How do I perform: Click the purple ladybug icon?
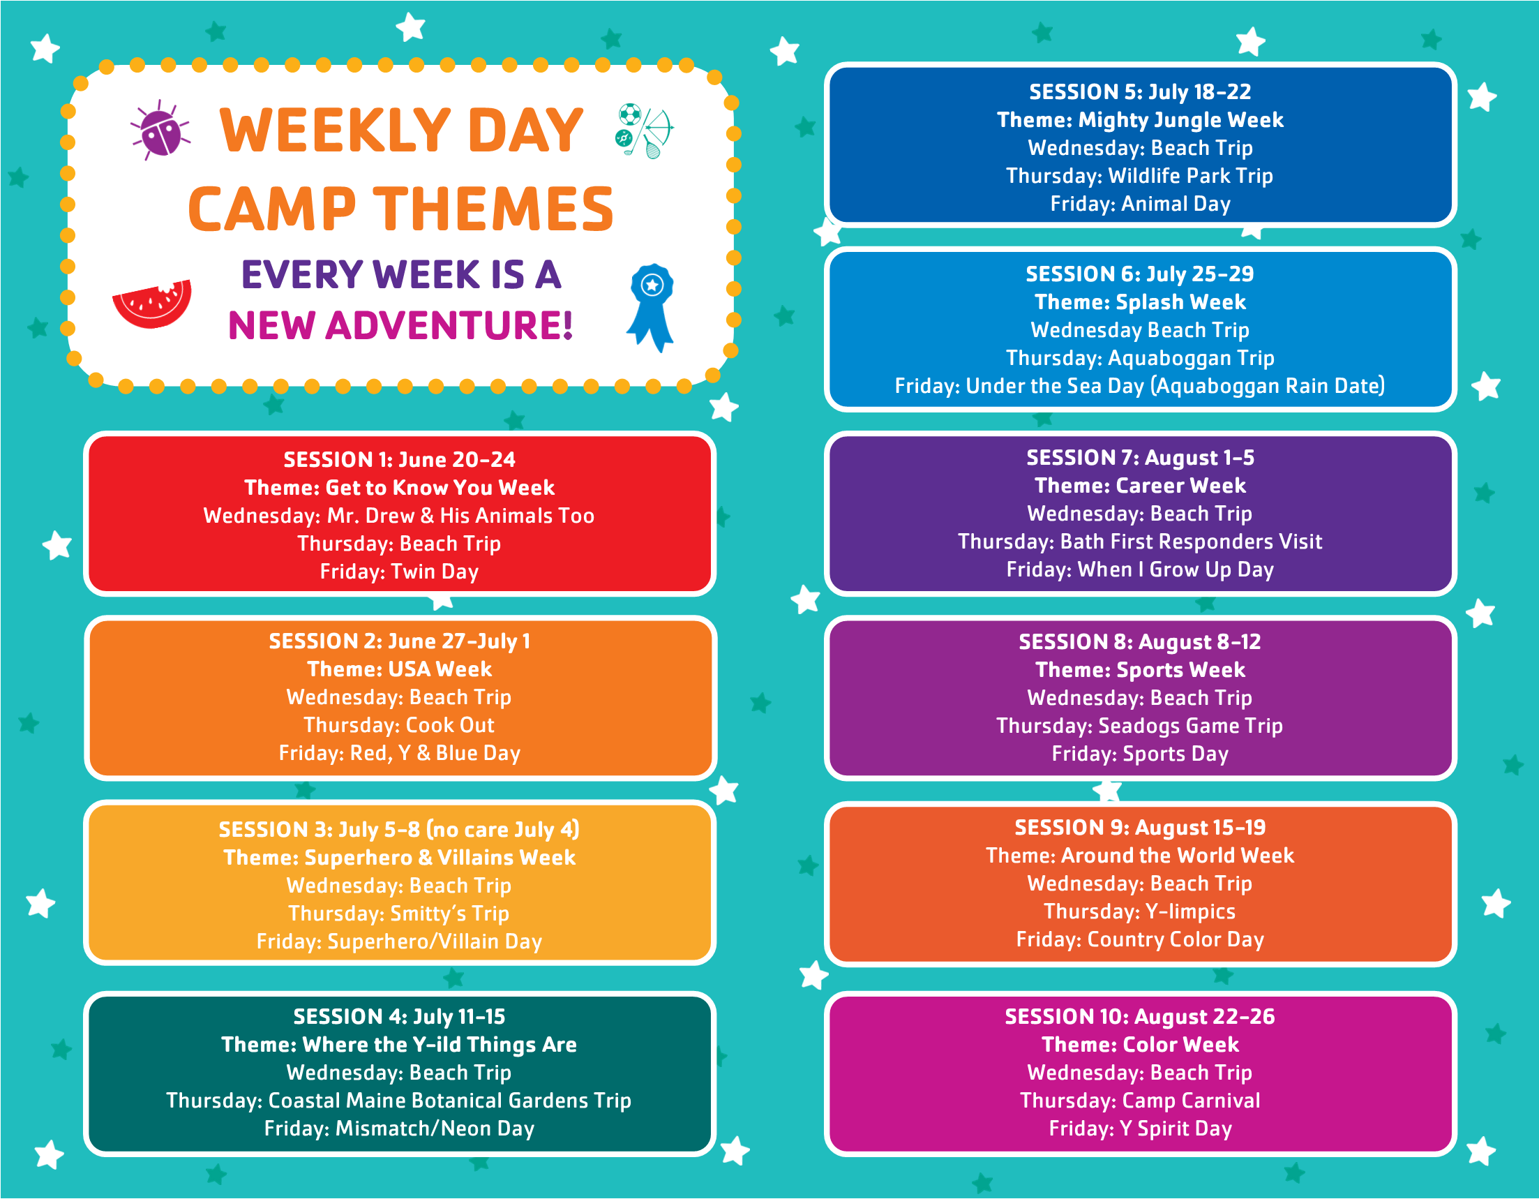coord(160,131)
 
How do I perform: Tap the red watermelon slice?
coord(152,303)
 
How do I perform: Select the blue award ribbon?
coord(651,307)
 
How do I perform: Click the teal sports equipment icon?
coord(644,131)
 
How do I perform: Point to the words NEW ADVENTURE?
coord(400,325)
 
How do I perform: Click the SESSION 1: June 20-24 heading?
coord(400,460)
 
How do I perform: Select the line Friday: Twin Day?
coord(400,572)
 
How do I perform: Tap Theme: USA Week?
coord(400,669)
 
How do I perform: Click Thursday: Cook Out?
coord(400,725)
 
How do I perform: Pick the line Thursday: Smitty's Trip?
coord(399,914)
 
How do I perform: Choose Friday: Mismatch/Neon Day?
coord(400,1129)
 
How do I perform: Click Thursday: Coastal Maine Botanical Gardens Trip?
coord(399,1101)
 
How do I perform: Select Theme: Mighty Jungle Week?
coord(1140,120)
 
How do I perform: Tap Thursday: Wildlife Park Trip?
coord(1139,175)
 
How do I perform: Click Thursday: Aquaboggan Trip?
coord(1140,358)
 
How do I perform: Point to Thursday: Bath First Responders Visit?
coord(1140,542)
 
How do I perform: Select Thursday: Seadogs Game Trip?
coord(1139,726)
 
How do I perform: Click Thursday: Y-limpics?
coord(1139,911)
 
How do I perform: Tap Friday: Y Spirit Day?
coord(1140,1129)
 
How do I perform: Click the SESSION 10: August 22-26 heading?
coord(1139,1016)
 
